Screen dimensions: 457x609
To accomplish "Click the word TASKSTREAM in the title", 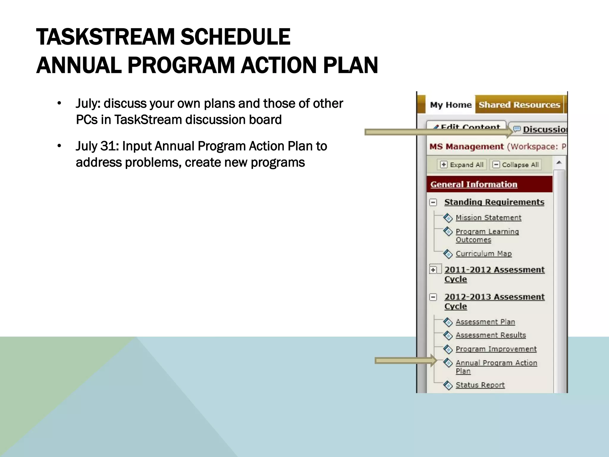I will click(106, 37).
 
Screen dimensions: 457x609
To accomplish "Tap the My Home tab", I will click(451, 105).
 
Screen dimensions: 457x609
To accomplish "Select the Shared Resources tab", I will click(519, 105).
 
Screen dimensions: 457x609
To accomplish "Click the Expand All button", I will click(462, 165).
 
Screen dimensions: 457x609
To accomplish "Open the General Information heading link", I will click(474, 184).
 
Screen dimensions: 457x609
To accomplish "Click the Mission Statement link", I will click(488, 218).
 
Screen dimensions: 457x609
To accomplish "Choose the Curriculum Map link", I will click(484, 254).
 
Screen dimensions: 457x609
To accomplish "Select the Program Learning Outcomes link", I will click(487, 235).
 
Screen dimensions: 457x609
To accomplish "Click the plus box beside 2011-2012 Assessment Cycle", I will click(433, 270).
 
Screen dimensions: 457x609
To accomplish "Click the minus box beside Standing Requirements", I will click(433, 203).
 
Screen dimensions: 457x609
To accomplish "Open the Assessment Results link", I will click(491, 335).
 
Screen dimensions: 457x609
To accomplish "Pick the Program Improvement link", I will click(496, 349).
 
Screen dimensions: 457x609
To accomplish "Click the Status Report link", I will click(480, 385).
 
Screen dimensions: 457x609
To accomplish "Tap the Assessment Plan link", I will click(485, 322).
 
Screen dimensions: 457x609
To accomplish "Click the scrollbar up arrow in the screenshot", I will click(559, 162).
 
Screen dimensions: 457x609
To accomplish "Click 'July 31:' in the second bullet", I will click(97, 146).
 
